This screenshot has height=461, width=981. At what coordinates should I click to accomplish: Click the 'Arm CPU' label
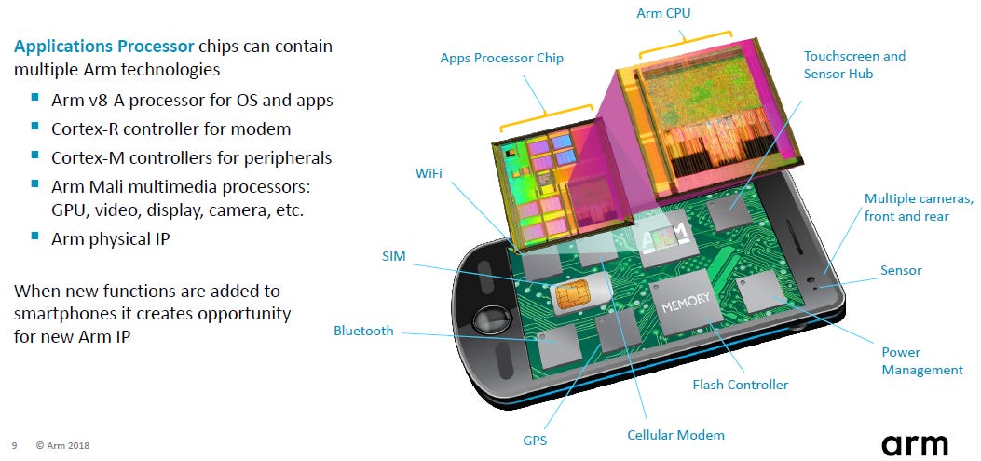click(664, 13)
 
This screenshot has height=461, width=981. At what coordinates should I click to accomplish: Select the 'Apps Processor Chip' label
click(502, 59)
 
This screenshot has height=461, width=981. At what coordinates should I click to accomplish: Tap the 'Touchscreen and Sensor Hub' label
click(854, 64)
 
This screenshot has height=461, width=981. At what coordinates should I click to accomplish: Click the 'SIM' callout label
click(393, 255)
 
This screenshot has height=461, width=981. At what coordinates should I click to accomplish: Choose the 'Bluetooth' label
click(363, 331)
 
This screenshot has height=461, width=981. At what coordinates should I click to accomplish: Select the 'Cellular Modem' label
click(675, 435)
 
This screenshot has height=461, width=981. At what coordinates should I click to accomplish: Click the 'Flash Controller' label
click(740, 385)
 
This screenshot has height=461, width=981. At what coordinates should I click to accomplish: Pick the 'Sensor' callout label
click(901, 270)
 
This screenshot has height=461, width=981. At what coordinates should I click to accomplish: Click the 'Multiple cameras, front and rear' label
click(919, 208)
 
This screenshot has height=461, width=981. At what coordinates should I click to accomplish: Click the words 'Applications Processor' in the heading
click(104, 46)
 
